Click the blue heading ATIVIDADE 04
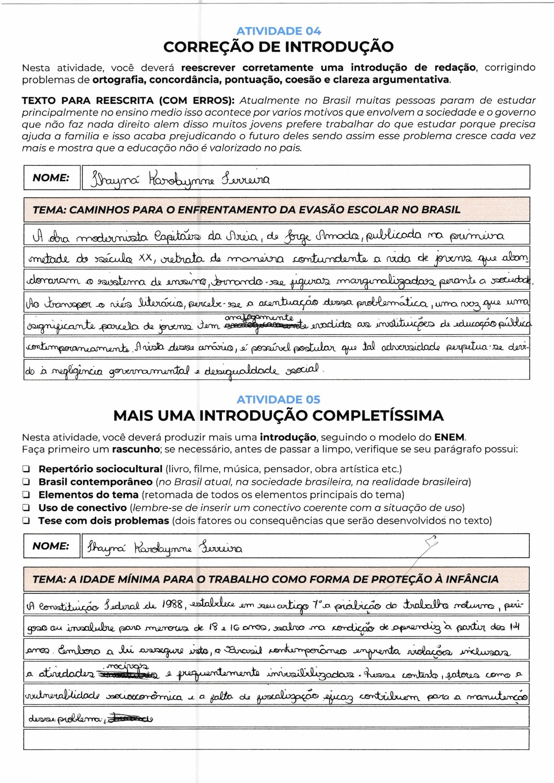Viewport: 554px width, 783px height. (x=278, y=31)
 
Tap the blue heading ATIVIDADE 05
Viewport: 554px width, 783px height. (x=278, y=400)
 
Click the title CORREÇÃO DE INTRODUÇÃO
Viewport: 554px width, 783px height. (x=278, y=47)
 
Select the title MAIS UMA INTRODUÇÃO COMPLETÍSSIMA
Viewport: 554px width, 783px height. (x=278, y=416)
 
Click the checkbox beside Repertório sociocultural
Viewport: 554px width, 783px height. (x=26, y=470)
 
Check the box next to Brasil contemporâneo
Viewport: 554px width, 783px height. (x=26, y=482)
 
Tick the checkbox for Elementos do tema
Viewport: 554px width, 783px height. (x=26, y=495)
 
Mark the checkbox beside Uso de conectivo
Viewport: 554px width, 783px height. (x=26, y=508)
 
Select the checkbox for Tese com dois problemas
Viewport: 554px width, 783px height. (x=26, y=521)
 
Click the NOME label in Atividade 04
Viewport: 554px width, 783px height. (x=51, y=178)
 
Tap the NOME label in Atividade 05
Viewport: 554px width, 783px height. (x=51, y=546)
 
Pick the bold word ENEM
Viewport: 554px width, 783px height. (x=450, y=437)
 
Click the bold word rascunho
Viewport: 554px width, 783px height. (x=135, y=450)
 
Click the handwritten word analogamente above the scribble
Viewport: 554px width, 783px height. (x=259, y=318)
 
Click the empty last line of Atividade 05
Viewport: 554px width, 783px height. (x=276, y=739)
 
